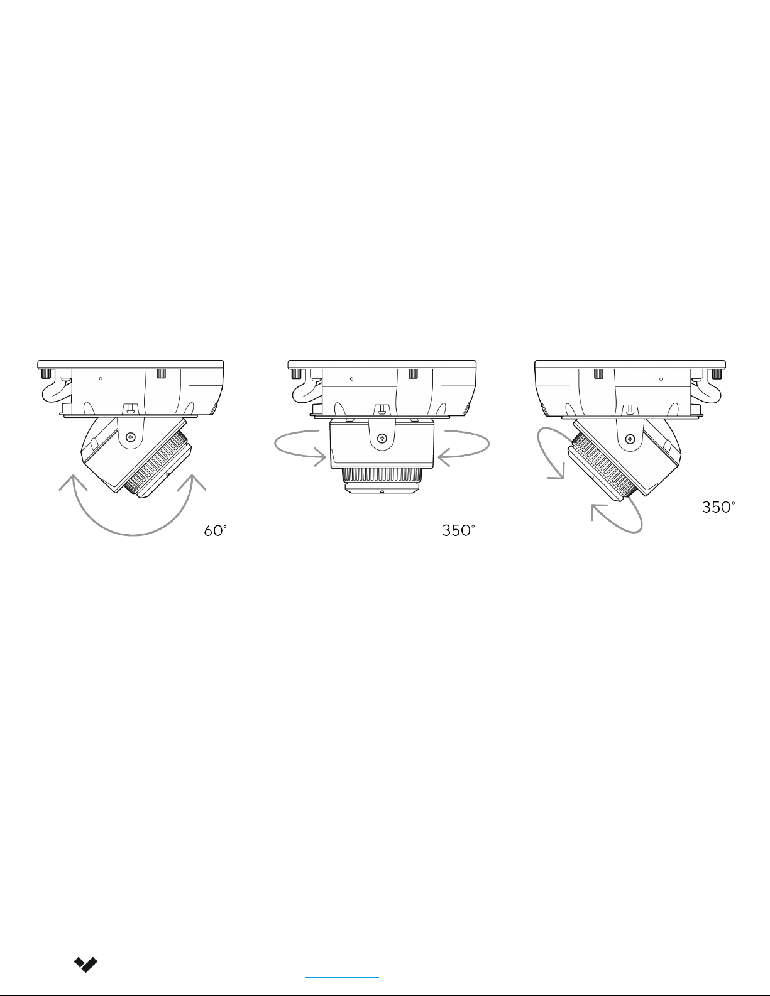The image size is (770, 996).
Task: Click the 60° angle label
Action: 215,531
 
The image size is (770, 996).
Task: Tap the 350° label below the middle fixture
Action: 458,530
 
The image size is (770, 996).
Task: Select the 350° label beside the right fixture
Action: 718,507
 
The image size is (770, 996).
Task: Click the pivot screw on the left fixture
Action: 131,437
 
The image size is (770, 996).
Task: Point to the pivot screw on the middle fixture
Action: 382,439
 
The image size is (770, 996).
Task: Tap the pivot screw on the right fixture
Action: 631,440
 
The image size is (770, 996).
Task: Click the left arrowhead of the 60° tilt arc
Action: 72,483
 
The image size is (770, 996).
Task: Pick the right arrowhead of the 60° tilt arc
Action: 192,482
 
